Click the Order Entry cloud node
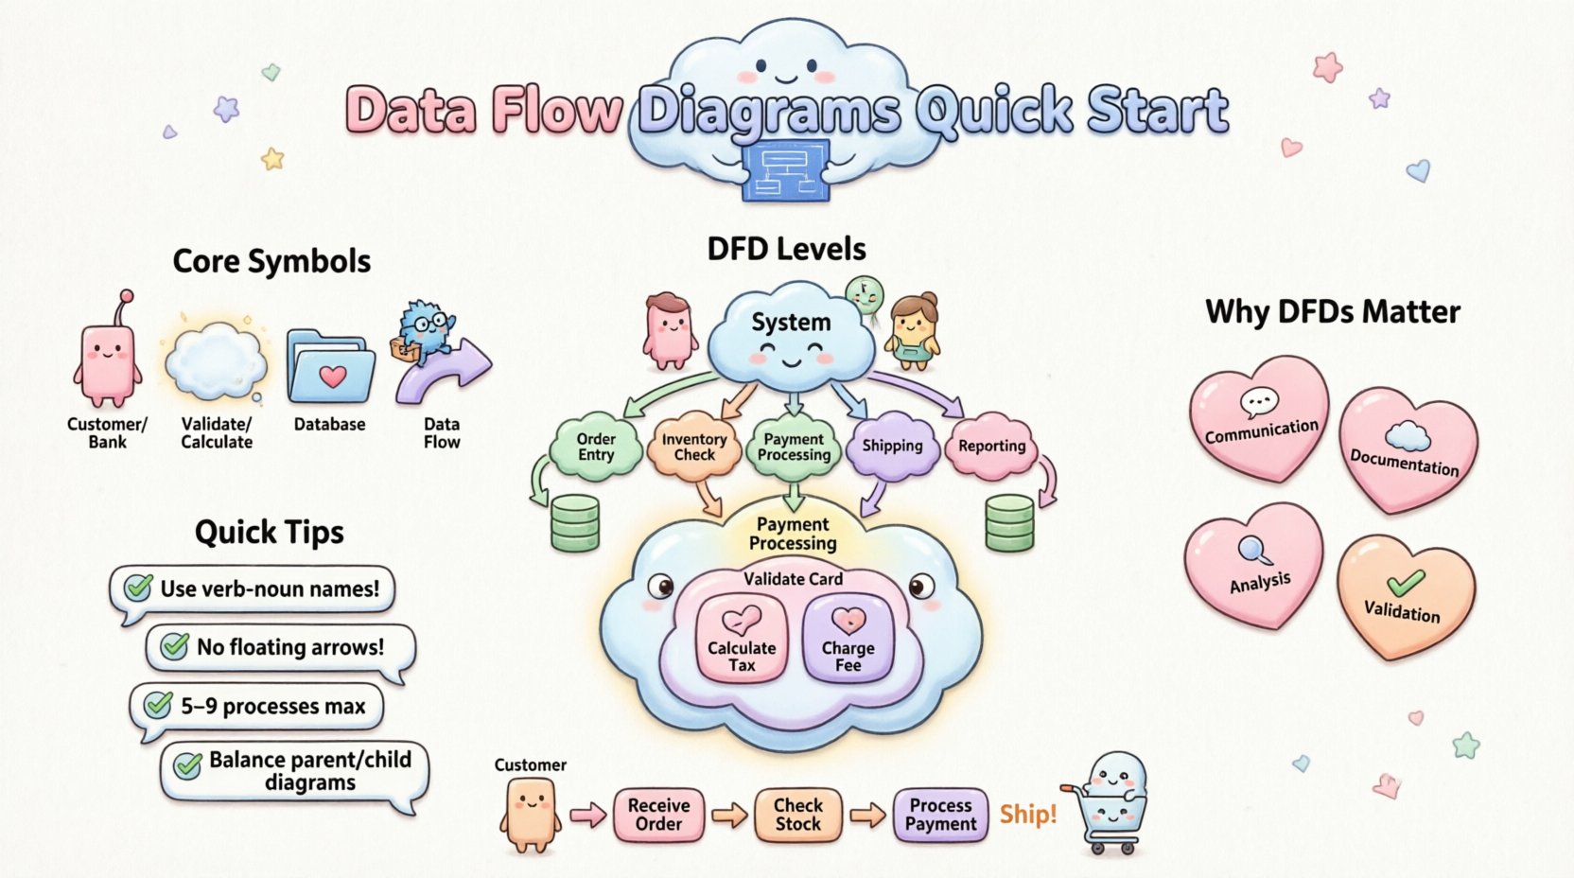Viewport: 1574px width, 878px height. [595, 447]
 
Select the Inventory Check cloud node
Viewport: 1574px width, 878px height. [693, 447]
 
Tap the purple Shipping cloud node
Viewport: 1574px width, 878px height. [892, 446]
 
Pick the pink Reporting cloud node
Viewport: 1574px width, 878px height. [991, 446]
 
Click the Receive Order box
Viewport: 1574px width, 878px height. [658, 815]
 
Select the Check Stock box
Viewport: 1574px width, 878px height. [797, 815]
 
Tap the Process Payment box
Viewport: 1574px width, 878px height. [940, 815]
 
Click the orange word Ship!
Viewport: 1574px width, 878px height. [1027, 815]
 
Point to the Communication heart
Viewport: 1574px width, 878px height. [1259, 416]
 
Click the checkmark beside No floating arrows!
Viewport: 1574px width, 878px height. [174, 647]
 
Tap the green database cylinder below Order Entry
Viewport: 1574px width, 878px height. [575, 522]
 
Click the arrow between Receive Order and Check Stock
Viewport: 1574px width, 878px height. [729, 815]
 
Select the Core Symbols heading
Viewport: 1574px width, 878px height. [271, 262]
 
